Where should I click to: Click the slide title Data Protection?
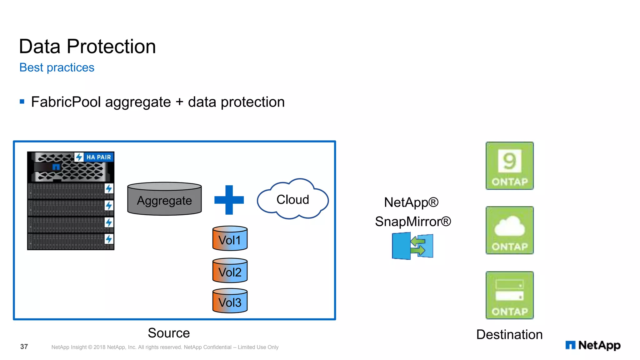87,46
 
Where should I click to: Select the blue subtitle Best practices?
57,67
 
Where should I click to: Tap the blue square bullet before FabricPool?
22,101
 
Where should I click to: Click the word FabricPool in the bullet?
66,102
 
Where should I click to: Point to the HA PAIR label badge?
98,157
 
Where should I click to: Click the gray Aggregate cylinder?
164,199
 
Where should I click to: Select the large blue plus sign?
229,200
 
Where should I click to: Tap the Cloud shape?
292,200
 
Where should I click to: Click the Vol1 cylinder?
230,239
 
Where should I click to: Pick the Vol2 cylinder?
230,271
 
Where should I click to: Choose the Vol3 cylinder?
230,301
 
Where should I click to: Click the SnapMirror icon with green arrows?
412,246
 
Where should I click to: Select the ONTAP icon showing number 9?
509,166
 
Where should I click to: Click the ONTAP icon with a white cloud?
509,230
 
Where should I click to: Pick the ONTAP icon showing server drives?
509,295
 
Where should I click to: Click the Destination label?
509,334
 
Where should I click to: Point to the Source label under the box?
169,333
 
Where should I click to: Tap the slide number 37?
24,347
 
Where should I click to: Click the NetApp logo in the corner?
593,345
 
